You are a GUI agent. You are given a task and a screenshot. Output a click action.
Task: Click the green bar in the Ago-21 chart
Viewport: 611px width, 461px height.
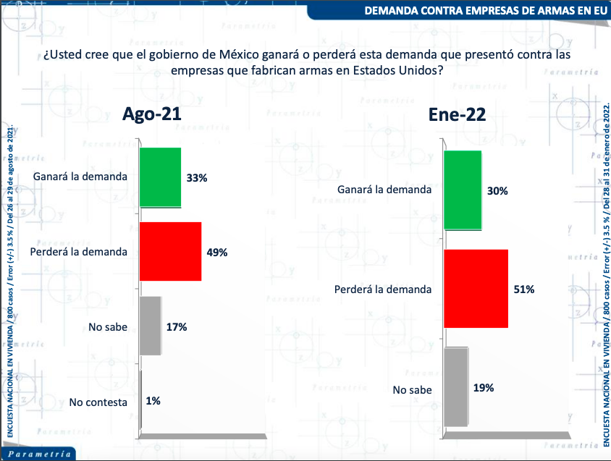(160, 177)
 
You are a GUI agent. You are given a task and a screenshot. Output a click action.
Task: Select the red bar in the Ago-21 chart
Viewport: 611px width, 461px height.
(170, 251)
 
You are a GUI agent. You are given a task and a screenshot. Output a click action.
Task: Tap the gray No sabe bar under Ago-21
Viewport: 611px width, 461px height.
(150, 326)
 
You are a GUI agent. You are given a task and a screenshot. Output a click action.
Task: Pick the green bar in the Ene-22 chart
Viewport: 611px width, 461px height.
(463, 191)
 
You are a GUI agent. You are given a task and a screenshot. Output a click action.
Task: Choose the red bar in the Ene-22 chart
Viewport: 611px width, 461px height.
(476, 289)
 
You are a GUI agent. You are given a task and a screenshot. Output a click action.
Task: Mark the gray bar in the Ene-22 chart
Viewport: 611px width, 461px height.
(455, 387)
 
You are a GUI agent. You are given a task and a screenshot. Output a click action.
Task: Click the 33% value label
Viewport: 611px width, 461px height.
(198, 177)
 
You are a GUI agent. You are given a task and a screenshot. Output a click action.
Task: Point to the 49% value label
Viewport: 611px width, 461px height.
(217, 253)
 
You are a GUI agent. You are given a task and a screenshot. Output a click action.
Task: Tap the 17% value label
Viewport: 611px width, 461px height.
(177, 327)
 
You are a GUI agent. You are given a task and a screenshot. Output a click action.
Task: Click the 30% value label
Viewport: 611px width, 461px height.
(497, 191)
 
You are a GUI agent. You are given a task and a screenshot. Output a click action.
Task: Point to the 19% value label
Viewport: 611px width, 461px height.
(484, 388)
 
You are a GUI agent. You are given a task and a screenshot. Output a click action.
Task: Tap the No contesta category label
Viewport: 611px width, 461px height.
(98, 402)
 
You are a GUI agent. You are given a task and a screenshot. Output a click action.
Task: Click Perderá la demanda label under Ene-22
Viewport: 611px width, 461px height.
(382, 289)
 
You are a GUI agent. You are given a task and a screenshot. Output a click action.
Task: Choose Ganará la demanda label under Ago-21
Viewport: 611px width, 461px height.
(80, 177)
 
